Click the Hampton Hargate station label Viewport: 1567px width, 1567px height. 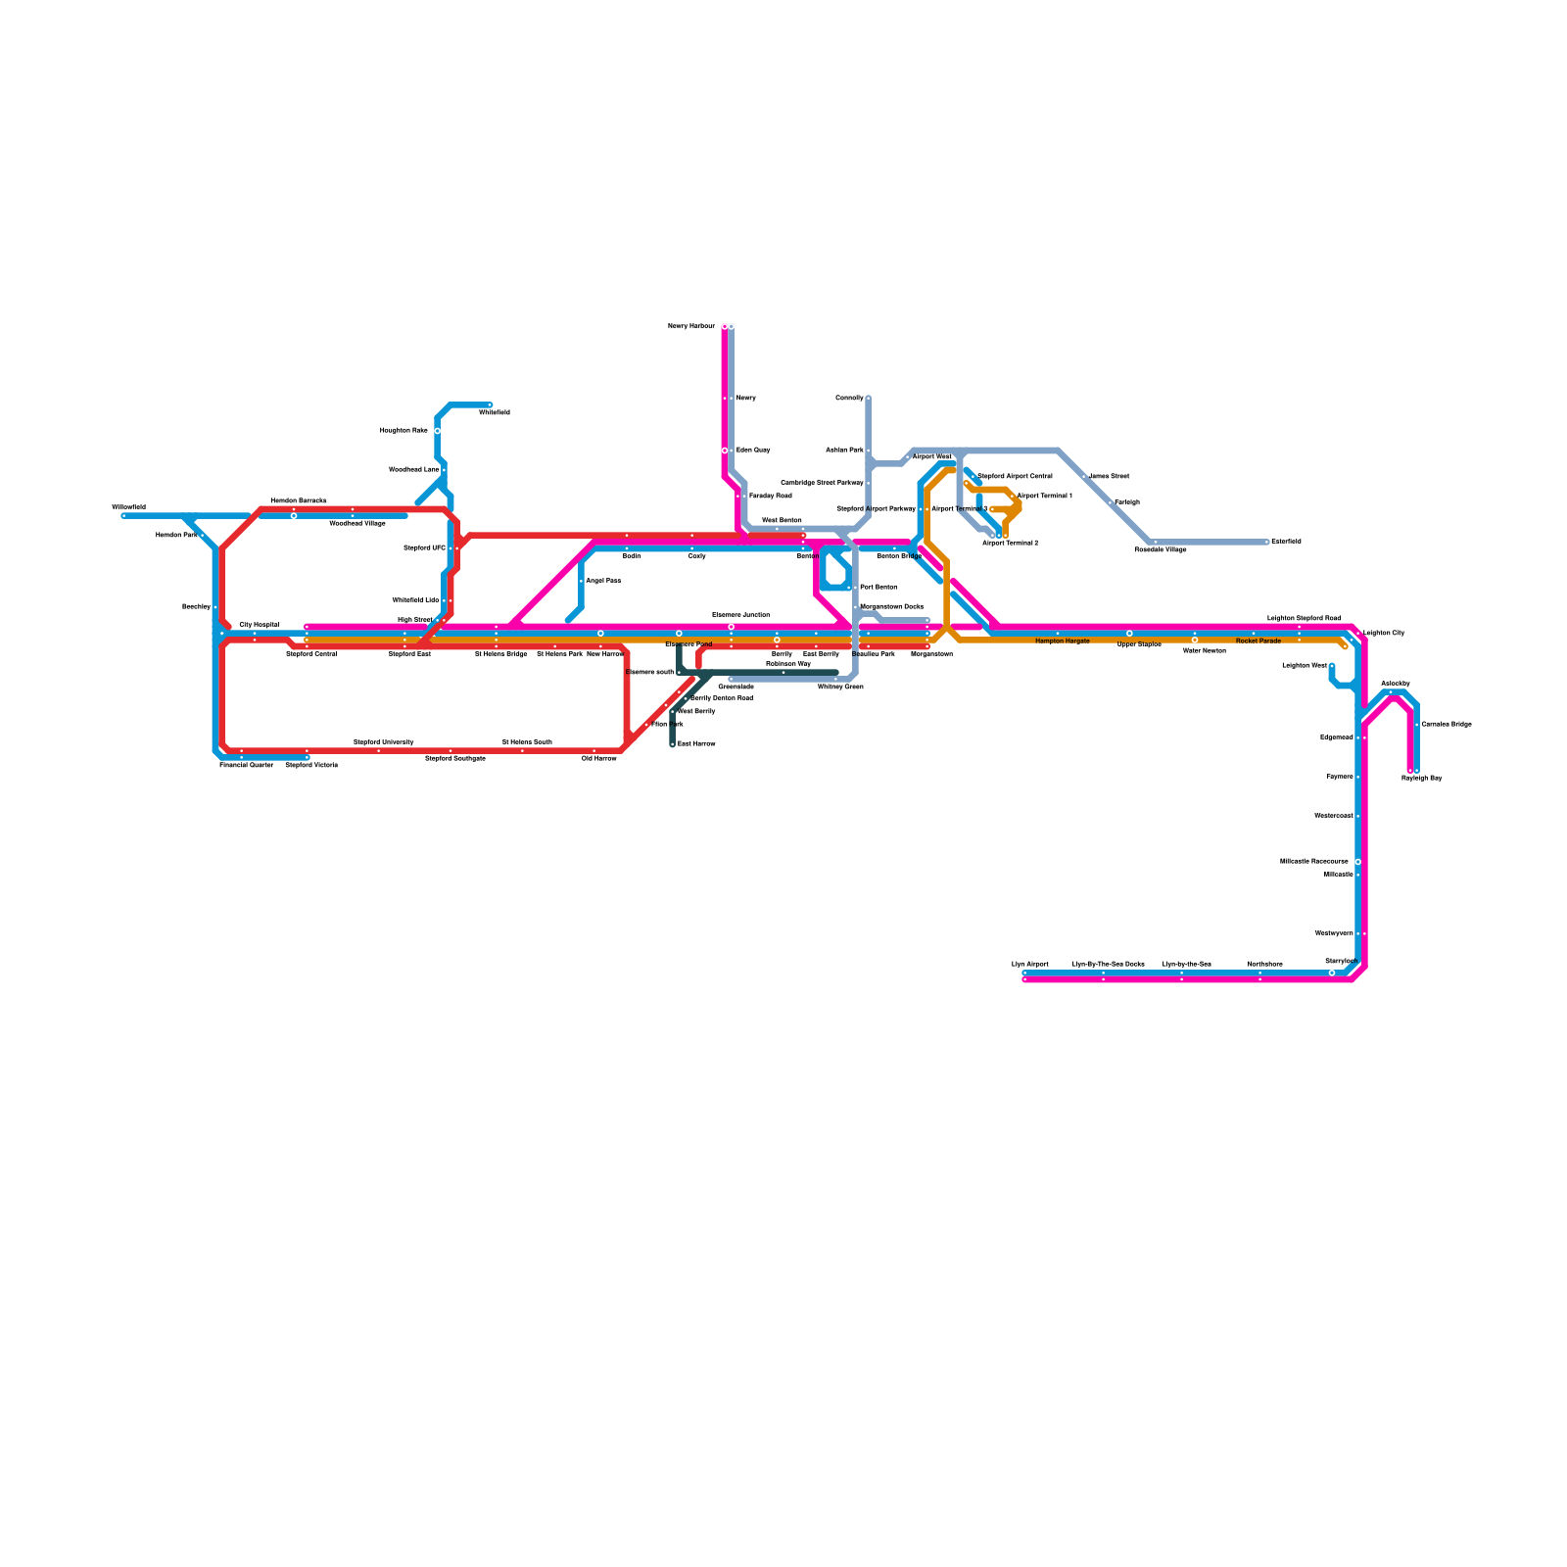(1062, 641)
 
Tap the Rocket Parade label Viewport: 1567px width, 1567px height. (1258, 641)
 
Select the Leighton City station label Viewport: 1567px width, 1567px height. (1384, 634)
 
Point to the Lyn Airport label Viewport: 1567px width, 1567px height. (1029, 965)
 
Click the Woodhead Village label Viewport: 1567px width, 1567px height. (356, 524)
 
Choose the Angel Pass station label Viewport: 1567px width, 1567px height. (602, 581)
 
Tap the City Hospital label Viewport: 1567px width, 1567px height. (259, 625)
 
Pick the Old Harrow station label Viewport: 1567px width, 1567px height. (598, 759)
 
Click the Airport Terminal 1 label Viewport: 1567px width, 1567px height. (1045, 497)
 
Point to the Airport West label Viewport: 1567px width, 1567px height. (931, 457)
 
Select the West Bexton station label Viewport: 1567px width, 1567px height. (782, 521)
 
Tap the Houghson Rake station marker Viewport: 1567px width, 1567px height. (437, 431)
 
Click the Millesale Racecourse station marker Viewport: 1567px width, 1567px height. (1357, 862)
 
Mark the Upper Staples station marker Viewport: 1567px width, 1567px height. (1129, 634)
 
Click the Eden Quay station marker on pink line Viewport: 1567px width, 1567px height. (725, 451)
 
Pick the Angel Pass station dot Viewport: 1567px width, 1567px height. (581, 581)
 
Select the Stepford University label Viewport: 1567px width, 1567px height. (383, 742)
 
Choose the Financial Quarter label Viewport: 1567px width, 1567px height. (246, 765)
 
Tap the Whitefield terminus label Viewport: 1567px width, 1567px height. (494, 413)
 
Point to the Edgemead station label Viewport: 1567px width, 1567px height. (1336, 737)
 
